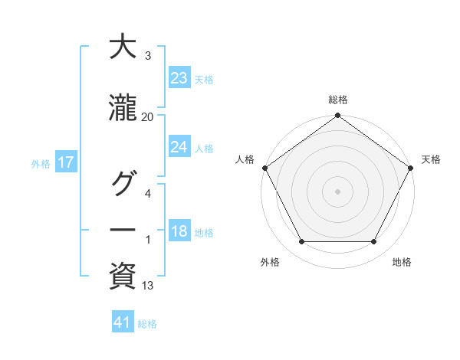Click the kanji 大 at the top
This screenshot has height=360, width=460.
click(x=123, y=47)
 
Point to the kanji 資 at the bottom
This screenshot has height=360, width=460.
click(x=123, y=276)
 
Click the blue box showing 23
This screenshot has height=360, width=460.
click(x=179, y=78)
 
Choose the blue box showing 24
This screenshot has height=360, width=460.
click(x=179, y=147)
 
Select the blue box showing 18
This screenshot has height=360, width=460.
click(x=179, y=231)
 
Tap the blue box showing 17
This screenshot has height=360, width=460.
click(x=66, y=162)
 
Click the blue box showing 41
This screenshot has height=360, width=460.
click(x=123, y=322)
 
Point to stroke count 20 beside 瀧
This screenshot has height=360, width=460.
click(x=148, y=116)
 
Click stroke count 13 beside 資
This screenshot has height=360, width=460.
click(x=148, y=286)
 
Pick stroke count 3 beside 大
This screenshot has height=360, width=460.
click(x=148, y=56)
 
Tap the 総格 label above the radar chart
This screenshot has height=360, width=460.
click(x=337, y=100)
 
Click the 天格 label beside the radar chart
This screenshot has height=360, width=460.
click(x=431, y=159)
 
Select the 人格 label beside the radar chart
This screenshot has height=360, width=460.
click(x=245, y=159)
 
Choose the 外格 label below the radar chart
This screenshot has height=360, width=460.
click(x=270, y=262)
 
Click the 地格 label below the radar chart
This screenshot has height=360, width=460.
click(x=402, y=262)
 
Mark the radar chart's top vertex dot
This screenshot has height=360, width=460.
click(x=337, y=116)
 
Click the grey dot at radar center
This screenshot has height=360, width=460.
click(x=337, y=191)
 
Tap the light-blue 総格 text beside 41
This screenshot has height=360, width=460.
click(x=147, y=323)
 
